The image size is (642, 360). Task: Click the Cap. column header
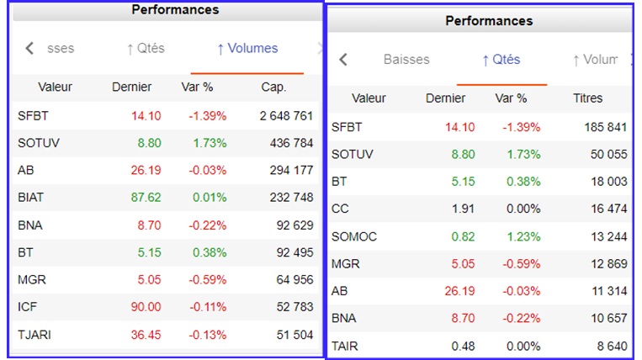(273, 87)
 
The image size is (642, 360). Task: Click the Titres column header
(587, 98)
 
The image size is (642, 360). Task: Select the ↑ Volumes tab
(247, 49)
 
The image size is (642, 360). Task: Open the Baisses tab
(406, 60)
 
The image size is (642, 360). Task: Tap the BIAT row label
(31, 197)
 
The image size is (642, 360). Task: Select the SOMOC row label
(354, 236)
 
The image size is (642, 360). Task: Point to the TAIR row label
(345, 346)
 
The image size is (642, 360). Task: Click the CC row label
(340, 209)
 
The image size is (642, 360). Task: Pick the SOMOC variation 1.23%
(522, 236)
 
